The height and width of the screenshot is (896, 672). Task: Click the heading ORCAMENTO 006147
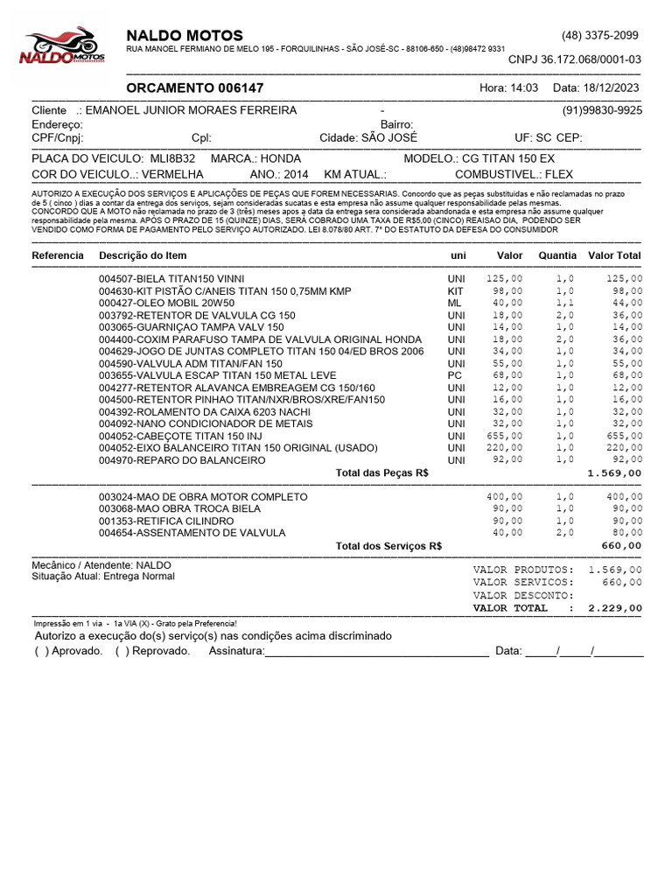194,88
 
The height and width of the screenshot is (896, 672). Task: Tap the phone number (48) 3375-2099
600,36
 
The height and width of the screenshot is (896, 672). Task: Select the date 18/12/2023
609,88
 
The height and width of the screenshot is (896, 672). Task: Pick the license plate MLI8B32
172,159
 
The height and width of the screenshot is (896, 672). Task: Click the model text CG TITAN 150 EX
510,159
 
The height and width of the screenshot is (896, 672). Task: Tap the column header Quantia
557,255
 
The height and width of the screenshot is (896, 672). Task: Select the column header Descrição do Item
143,255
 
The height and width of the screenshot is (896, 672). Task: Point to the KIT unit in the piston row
455,290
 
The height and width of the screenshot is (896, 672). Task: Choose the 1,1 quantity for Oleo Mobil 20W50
564,303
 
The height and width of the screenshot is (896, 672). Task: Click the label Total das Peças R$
382,472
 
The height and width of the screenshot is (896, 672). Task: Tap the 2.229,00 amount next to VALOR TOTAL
615,607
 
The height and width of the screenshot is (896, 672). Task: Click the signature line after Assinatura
375,653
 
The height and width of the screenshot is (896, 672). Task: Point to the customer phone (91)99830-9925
602,110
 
